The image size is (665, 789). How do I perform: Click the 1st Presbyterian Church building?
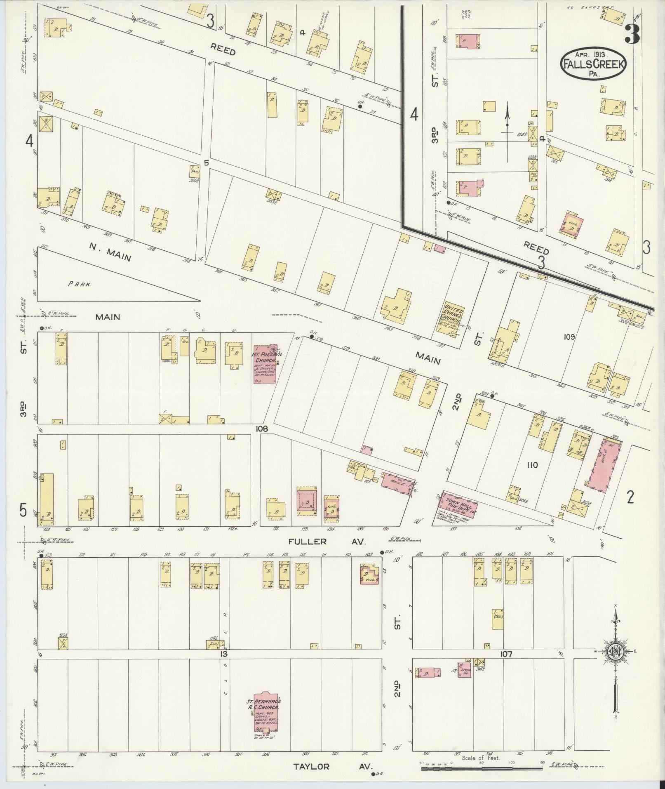pos(264,365)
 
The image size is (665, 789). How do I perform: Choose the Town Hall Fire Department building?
pos(457,504)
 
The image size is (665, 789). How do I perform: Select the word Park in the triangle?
pos(80,284)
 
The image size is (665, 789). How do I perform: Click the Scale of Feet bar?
pos(481,769)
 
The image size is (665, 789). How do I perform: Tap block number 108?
pos(261,429)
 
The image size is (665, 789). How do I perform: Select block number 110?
pos(532,465)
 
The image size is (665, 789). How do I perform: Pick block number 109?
pos(569,337)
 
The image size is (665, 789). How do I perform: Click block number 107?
pos(506,654)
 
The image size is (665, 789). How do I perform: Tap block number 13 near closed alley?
pos(224,654)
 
